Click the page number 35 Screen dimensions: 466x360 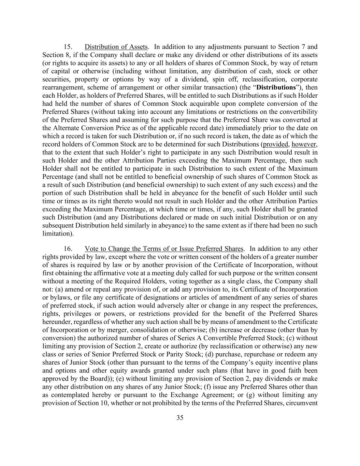click(180, 418)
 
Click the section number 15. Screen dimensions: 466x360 click(68, 47)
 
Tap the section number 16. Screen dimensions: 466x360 click(68, 249)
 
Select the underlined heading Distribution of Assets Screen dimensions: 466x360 click(116, 47)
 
